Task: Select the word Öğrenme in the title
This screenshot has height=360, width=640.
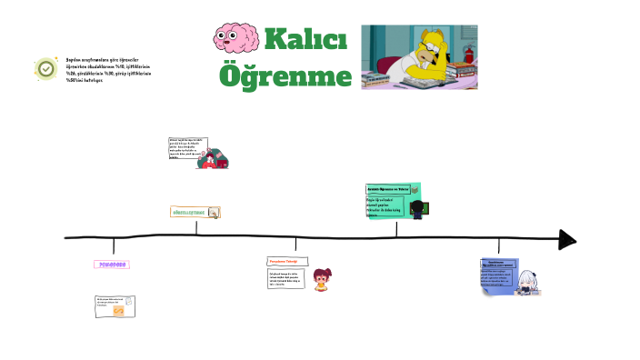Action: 285,75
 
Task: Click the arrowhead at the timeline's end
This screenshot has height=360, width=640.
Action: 567,239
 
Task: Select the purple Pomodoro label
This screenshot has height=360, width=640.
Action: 112,265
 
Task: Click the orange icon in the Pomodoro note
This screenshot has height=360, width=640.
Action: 118,311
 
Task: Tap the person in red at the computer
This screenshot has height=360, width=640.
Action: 212,161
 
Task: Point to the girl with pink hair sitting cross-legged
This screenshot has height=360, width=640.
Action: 320,279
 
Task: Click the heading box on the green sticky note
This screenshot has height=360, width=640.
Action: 391,189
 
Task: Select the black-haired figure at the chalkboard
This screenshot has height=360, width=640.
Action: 417,208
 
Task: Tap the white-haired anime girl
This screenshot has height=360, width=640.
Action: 526,281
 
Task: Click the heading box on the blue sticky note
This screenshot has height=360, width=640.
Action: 503,265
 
